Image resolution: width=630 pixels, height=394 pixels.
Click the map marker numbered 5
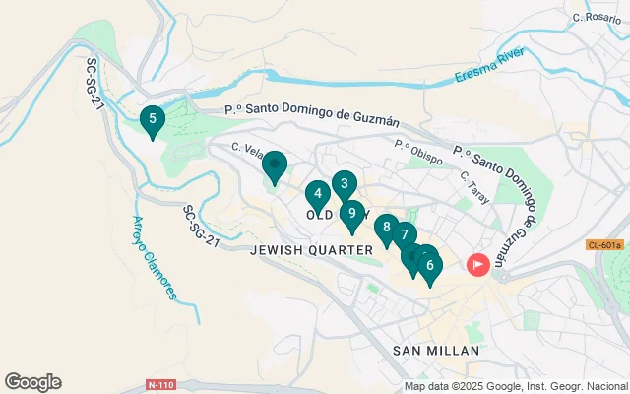point(152,121)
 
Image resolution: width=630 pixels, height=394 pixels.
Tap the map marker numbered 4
point(317,194)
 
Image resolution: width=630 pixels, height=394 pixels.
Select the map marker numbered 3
point(343,183)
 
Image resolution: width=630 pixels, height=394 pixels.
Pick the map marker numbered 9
point(351,214)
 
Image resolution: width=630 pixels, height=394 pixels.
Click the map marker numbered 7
point(403,234)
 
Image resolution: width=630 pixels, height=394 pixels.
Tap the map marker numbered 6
point(430,265)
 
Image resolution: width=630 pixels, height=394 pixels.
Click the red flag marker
point(478,264)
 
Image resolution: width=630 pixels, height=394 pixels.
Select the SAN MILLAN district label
point(435,351)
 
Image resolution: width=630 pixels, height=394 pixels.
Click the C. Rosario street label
point(597,18)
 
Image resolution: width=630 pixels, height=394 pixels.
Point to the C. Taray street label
point(475,181)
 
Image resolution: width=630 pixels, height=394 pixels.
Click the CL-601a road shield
point(603,244)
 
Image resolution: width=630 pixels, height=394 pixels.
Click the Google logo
point(32,382)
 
